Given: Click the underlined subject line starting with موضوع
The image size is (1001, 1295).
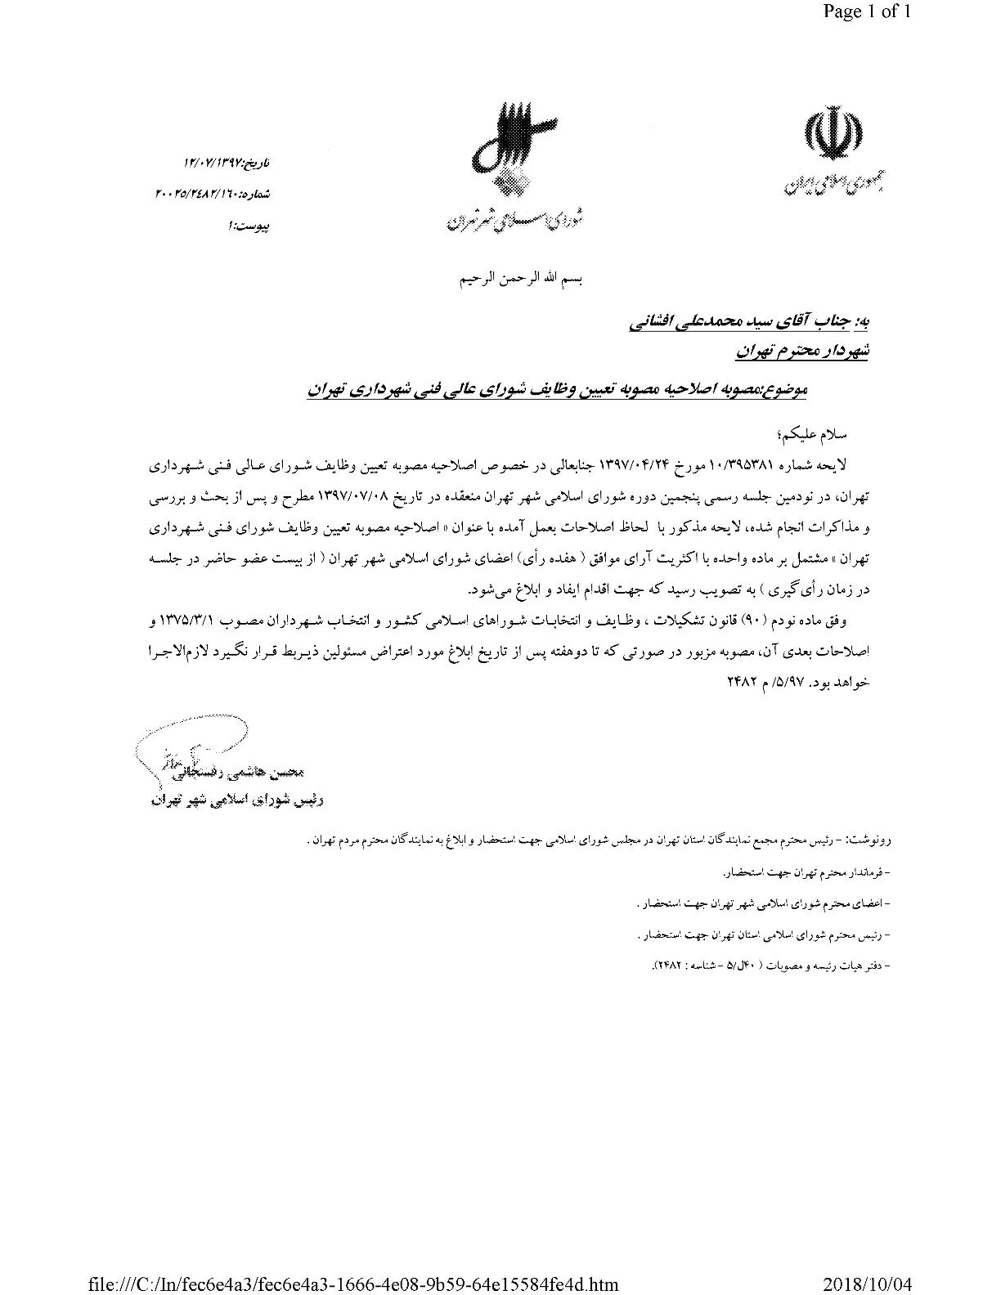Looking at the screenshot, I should (557, 391).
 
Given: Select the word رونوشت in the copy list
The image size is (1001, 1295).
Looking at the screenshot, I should (872, 840).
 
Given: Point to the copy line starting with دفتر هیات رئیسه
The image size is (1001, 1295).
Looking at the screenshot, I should (765, 966).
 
